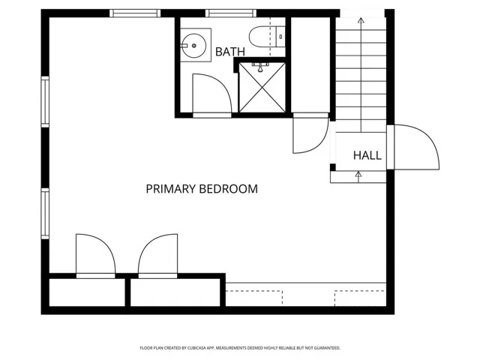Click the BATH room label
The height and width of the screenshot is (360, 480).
pyautogui.click(x=229, y=52)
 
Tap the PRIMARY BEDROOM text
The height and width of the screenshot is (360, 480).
pyautogui.click(x=202, y=189)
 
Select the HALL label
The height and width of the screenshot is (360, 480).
pyautogui.click(x=367, y=156)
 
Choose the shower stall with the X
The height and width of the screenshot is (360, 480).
pyautogui.click(x=262, y=89)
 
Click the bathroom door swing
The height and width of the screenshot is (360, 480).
pyautogui.click(x=211, y=96)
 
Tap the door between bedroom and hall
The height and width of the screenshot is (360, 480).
pyautogui.click(x=309, y=133)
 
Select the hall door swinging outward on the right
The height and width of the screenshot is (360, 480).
pyautogui.click(x=414, y=147)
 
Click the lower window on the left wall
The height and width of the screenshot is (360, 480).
pyautogui.click(x=45, y=213)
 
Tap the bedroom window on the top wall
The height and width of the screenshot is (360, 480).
pyautogui.click(x=134, y=13)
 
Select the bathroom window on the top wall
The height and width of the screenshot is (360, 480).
pyautogui.click(x=228, y=13)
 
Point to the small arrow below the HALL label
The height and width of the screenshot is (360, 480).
pyautogui.click(x=358, y=175)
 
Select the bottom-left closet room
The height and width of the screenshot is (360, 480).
pyautogui.click(x=87, y=292)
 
